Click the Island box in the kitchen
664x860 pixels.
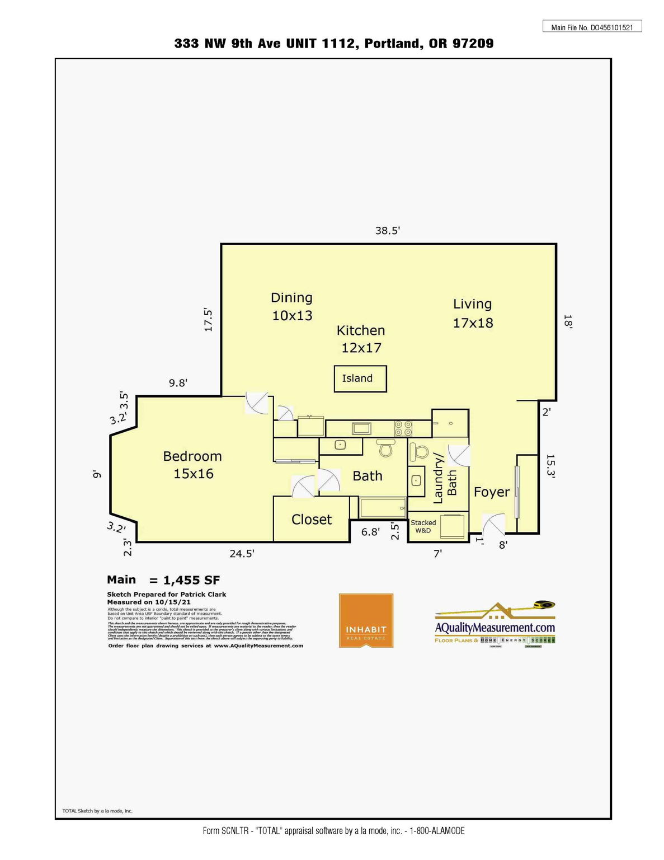(360, 379)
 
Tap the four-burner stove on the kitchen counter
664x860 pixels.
(403, 428)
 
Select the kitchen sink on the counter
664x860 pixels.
(361, 429)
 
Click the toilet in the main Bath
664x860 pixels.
(385, 448)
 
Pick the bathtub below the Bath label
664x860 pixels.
(383, 508)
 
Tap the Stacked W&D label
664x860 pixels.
(423, 526)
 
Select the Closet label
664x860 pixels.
(312, 520)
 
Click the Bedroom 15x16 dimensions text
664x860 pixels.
(194, 474)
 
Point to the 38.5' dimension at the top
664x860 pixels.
(388, 231)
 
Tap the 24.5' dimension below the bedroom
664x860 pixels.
(242, 554)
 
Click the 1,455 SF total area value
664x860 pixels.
(191, 581)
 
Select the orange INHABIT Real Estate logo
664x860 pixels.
(366, 620)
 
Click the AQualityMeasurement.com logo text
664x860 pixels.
(495, 628)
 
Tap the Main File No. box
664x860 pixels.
(592, 27)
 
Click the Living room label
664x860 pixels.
(472, 304)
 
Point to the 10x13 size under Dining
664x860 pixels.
(292, 316)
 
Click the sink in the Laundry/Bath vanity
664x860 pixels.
(415, 480)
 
